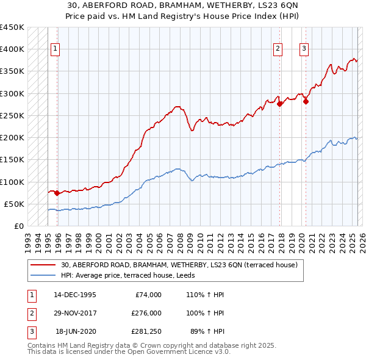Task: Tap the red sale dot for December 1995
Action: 57,193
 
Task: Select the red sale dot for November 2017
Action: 280,104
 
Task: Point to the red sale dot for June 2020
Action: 306,102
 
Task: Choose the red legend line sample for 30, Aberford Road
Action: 43,265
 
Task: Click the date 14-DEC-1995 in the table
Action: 75,295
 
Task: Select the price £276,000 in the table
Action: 146,313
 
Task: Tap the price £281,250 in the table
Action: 146,331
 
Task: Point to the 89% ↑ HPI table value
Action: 207,331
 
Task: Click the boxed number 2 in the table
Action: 30,313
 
